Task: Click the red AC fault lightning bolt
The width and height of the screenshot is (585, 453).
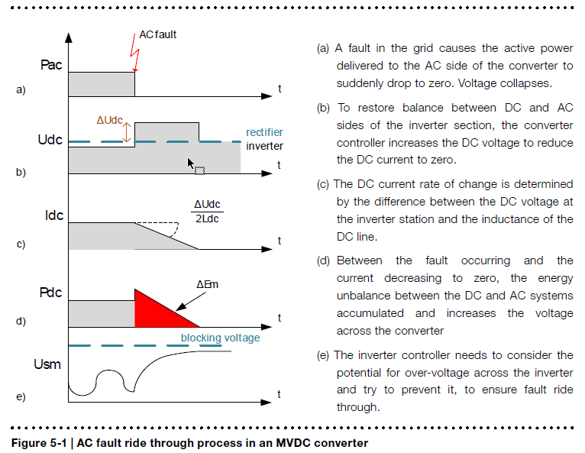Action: [134, 53]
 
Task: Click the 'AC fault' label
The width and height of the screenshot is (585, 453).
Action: [157, 34]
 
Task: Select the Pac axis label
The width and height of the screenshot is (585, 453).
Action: [51, 65]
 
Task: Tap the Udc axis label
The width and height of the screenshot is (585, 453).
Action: [50, 140]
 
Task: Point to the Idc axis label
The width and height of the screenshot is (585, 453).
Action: [54, 215]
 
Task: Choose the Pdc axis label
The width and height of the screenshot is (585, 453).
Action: [50, 293]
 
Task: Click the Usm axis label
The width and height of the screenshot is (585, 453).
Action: [47, 364]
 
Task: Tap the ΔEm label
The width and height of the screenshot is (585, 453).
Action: [207, 285]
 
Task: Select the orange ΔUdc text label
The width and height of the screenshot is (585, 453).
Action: [110, 120]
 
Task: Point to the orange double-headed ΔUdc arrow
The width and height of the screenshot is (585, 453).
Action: [127, 132]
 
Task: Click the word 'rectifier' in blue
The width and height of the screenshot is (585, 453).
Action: [264, 132]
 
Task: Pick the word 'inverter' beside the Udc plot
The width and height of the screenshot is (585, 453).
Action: [264, 146]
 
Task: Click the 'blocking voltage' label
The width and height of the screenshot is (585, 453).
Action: [220, 338]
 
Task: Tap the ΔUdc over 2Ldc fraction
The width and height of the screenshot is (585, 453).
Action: [207, 212]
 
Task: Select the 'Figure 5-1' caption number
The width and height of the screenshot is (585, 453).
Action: [39, 443]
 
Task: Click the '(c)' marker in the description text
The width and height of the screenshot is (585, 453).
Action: [323, 184]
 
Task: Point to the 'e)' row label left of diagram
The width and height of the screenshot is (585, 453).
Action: [21, 396]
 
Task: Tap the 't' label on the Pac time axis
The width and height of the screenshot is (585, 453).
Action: [280, 89]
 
